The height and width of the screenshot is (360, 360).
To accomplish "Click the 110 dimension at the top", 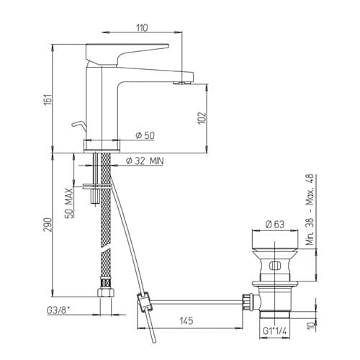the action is (142, 27).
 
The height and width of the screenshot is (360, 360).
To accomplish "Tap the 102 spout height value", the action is (202, 117).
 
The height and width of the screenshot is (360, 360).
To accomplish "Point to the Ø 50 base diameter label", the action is (145, 135).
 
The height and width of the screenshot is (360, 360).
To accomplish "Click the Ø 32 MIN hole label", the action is (145, 161).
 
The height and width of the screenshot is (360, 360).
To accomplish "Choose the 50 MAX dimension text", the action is (69, 203).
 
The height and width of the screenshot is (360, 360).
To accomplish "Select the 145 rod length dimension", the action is (186, 320).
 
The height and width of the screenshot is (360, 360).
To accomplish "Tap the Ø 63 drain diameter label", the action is (275, 224).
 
